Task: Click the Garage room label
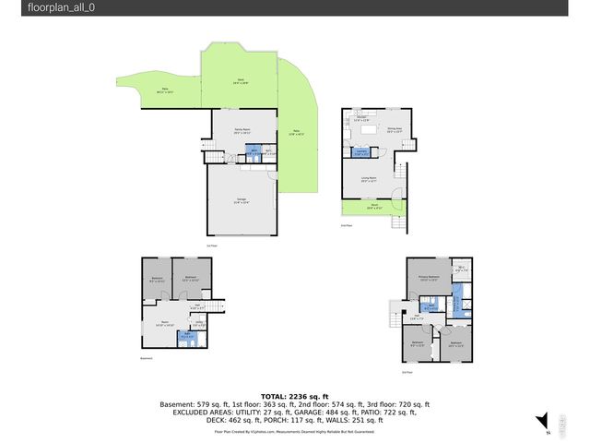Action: pos(242,203)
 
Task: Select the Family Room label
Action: pos(242,132)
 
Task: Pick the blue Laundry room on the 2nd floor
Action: pos(363,152)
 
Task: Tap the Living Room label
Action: pos(369,180)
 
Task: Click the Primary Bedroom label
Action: pos(427,277)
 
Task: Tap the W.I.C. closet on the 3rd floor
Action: pos(460,270)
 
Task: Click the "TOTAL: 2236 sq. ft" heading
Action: pos(294,394)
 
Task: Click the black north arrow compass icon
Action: pos(542,420)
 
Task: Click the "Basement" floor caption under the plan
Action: pos(147,359)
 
